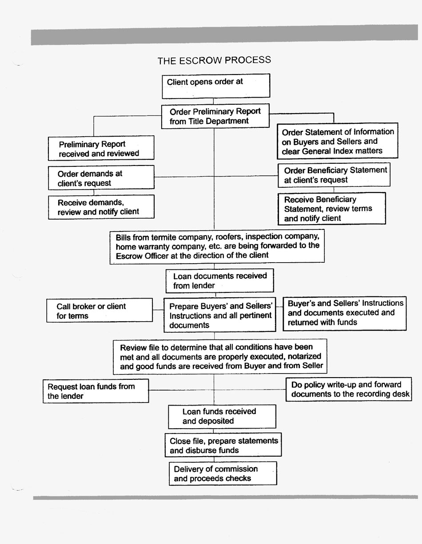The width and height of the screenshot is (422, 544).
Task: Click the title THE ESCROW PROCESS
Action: tap(214, 60)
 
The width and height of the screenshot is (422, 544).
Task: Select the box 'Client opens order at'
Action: tap(216, 86)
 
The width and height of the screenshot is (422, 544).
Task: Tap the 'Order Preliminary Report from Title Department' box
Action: tap(215, 116)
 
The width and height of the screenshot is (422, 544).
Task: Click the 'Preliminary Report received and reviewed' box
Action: tap(101, 148)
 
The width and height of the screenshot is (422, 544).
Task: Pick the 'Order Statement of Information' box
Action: tap(338, 141)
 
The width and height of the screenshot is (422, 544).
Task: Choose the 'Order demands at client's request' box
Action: tap(101, 178)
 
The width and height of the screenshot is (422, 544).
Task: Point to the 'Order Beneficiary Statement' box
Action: tap(334, 175)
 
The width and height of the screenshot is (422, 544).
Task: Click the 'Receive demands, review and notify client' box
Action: tap(101, 207)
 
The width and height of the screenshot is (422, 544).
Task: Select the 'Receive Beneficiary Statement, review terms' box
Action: tap(332, 209)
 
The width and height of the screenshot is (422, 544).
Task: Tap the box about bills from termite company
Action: tap(217, 246)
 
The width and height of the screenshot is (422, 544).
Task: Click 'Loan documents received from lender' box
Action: tap(219, 280)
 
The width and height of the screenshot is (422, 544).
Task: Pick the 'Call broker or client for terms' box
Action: tap(99, 311)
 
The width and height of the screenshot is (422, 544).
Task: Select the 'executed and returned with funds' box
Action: tap(345, 313)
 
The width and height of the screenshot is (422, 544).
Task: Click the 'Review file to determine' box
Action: tap(220, 356)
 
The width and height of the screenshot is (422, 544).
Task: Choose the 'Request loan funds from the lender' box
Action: tap(96, 391)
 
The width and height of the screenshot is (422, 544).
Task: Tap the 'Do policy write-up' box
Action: tap(348, 389)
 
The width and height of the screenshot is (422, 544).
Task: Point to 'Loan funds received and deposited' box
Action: tap(222, 416)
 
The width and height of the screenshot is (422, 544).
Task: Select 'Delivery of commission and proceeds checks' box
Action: tap(223, 473)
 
